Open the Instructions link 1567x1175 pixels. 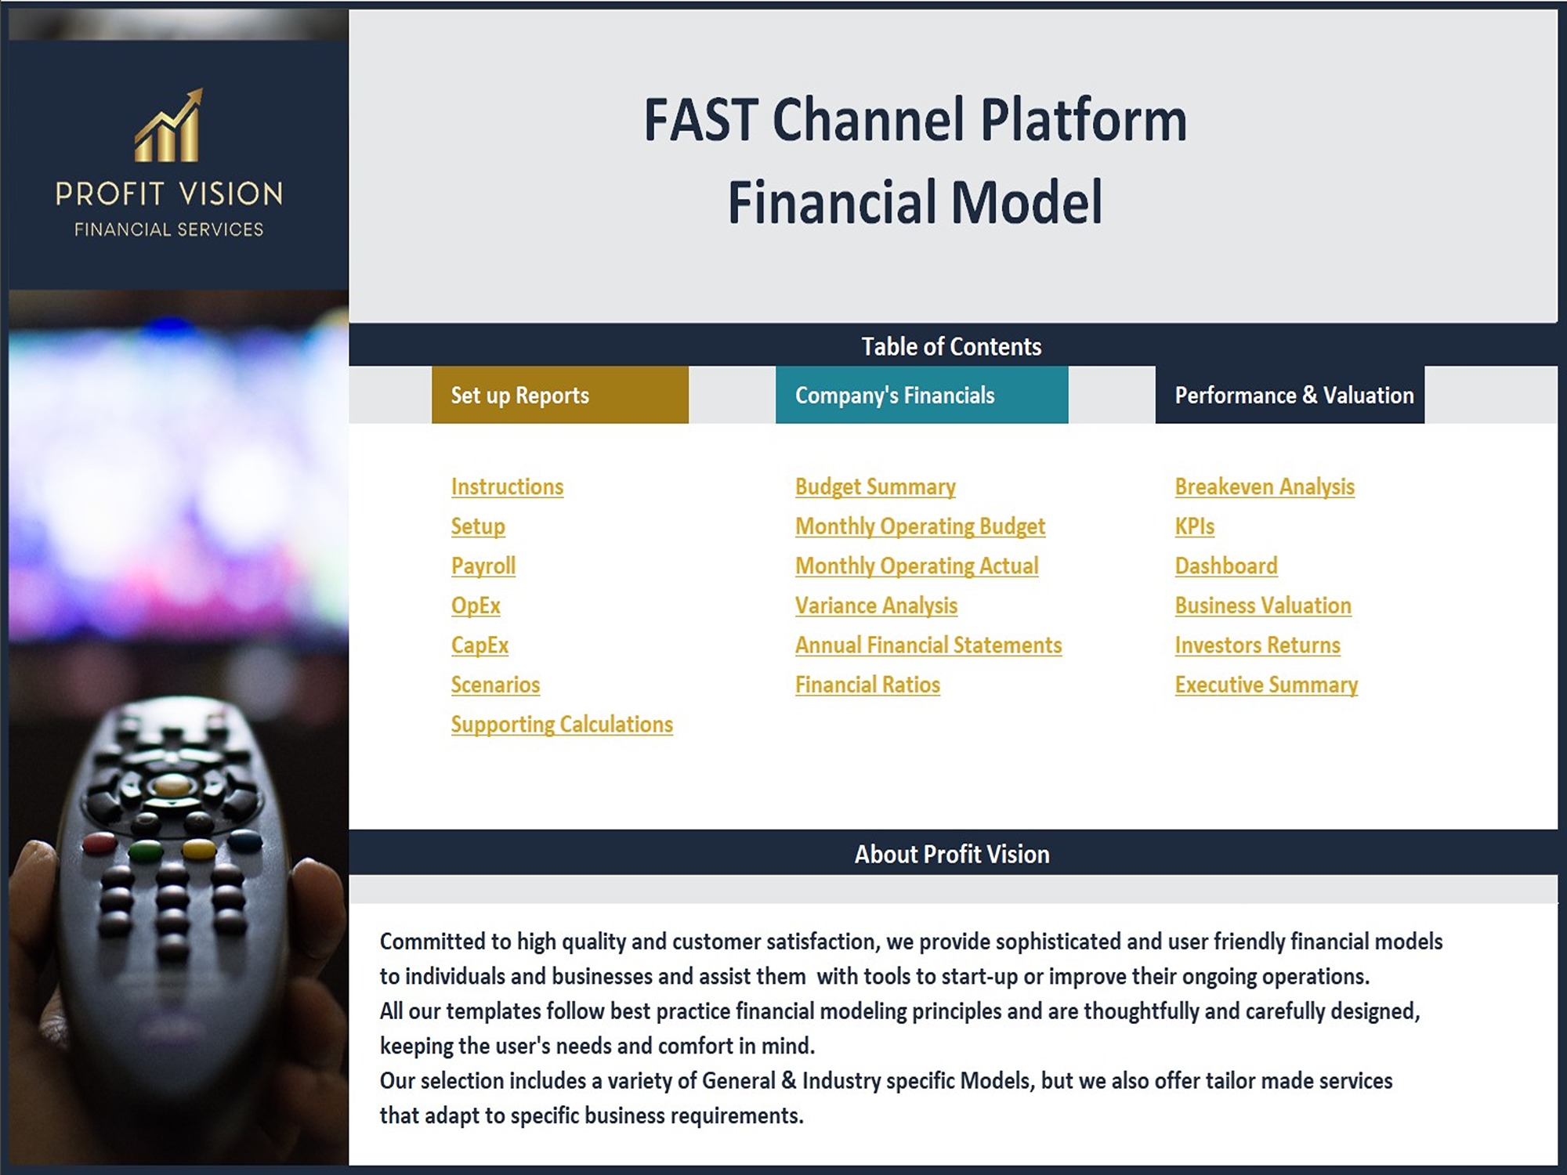click(507, 486)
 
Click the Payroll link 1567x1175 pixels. click(483, 566)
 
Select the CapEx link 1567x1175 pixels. click(480, 645)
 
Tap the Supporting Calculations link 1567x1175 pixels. click(562, 725)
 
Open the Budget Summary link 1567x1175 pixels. click(875, 486)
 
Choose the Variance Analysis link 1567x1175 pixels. click(876, 606)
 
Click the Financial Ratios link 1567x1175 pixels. click(867, 685)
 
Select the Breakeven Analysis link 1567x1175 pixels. click(1265, 486)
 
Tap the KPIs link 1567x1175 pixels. click(1194, 526)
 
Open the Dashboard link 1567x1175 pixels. click(1226, 566)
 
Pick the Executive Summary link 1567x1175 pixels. click(1266, 685)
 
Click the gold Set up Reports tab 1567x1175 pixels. click(560, 395)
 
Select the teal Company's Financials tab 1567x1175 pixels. click(922, 395)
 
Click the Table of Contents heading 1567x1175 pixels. click(951, 346)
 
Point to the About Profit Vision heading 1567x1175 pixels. click(952, 854)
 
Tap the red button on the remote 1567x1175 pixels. click(100, 844)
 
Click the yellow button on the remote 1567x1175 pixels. click(197, 849)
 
